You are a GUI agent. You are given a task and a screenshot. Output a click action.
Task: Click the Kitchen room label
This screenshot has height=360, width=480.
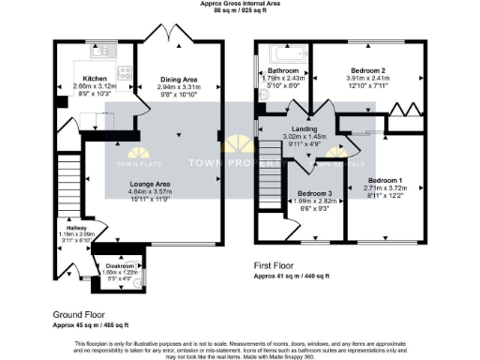coord(96,79)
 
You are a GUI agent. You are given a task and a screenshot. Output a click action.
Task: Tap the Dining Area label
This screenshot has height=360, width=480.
coord(178,80)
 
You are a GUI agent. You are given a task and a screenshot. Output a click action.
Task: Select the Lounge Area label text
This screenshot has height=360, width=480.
coord(150,184)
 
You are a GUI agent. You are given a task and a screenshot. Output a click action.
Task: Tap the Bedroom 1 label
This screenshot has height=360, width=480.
coord(385,179)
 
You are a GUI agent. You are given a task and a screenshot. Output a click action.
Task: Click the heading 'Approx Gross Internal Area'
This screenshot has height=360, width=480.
coord(240,4)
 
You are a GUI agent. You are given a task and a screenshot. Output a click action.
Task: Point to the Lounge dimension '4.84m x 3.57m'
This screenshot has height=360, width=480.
coord(150,191)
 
